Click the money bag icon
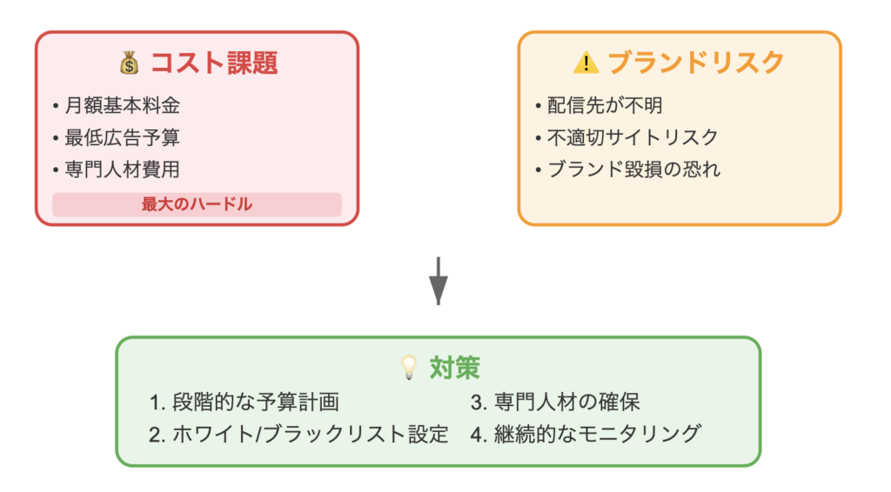pos(130,63)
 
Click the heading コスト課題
pos(214,63)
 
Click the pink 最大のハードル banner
pos(197,204)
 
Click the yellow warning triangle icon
pos(586,63)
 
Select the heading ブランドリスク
pos(696,63)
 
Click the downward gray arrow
pos(439,281)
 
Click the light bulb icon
pos(409,367)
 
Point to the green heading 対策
pos(454,368)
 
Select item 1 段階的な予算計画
pos(245,402)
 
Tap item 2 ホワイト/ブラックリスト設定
pos(299,434)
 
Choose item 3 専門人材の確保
pos(555,402)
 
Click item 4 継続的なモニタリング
pos(586,434)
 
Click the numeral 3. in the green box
pos(479,402)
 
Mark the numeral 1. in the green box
pos(157,402)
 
